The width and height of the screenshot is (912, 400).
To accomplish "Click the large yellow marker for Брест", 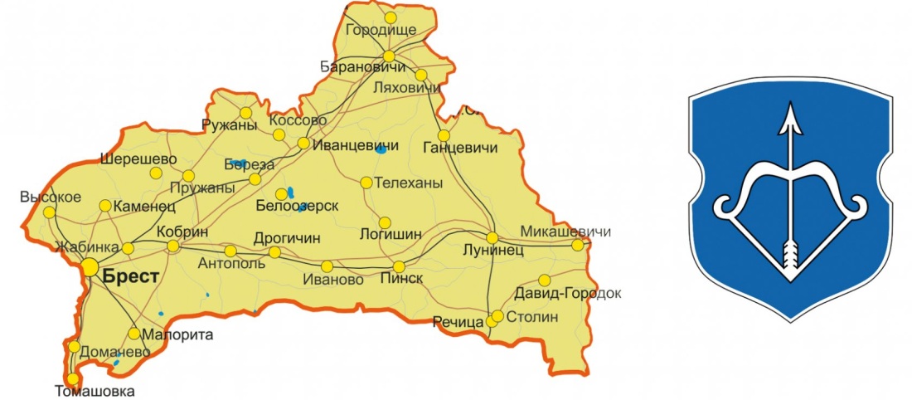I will [x=90, y=266].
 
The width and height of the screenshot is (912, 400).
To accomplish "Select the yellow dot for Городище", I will [x=391, y=17].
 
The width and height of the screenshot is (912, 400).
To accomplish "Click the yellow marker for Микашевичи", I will [x=578, y=245].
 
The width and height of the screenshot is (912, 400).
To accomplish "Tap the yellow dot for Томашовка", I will [x=73, y=378].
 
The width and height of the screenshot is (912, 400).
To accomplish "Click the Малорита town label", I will [x=178, y=335].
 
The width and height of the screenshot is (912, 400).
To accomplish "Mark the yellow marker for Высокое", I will [x=51, y=212].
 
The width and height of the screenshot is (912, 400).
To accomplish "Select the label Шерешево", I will [x=138, y=159].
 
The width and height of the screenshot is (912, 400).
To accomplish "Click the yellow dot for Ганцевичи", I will [x=444, y=135].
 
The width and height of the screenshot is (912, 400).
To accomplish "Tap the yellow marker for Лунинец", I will [x=492, y=238].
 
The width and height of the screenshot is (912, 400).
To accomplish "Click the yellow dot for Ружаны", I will [x=245, y=113].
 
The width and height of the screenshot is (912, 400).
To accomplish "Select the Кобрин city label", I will [x=181, y=232].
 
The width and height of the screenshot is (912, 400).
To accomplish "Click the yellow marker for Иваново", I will [x=327, y=266].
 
